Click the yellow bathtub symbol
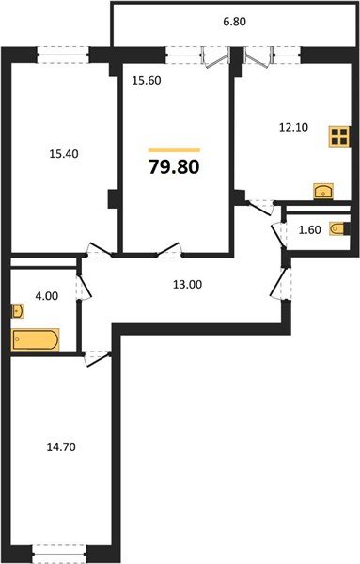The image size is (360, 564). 36,338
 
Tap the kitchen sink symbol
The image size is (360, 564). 324,191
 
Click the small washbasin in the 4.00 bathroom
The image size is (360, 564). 19,310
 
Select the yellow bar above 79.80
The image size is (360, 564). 175,149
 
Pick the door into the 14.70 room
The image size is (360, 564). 94,355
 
